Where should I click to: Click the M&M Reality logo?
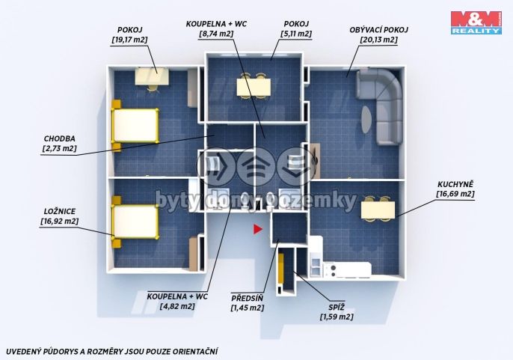pyautogui.click(x=476, y=22)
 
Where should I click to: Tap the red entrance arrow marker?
pyautogui.click(x=257, y=229)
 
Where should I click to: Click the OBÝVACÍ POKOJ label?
pyautogui.click(x=379, y=30)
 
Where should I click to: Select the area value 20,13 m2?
pyautogui.click(x=379, y=40)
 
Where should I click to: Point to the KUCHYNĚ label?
pyautogui.click(x=455, y=185)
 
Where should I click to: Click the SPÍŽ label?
pyautogui.click(x=337, y=308)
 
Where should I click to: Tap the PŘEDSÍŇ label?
pyautogui.click(x=247, y=299)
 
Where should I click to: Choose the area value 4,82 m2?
pyautogui.click(x=177, y=307)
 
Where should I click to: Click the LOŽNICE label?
pyautogui.click(x=60, y=212)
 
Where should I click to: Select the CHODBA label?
pyautogui.click(x=59, y=138)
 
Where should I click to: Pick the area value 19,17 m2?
pyautogui.click(x=129, y=40)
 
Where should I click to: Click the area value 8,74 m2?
pyautogui.click(x=216, y=34)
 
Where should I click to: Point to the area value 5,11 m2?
pyautogui.click(x=296, y=34)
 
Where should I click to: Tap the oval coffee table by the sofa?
pyautogui.click(x=366, y=119)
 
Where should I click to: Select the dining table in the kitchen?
pyautogui.click(x=378, y=210)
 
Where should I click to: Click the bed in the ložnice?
pyautogui.click(x=135, y=222)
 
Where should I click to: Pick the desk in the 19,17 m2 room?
pyautogui.click(x=152, y=76)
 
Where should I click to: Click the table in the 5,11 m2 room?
pyautogui.click(x=254, y=87)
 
